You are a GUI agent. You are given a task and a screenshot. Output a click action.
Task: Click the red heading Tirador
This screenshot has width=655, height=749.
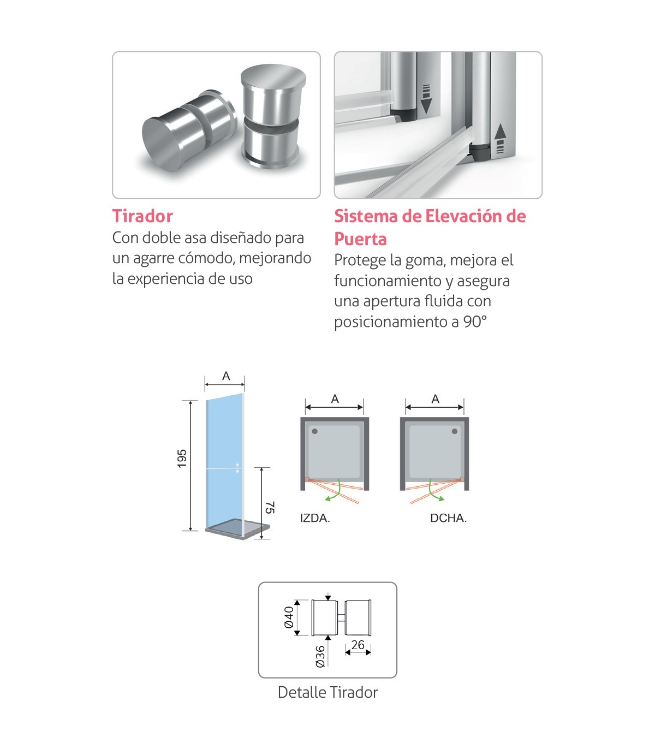click(142, 216)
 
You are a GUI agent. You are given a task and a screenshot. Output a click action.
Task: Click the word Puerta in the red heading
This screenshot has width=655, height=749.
click(360, 239)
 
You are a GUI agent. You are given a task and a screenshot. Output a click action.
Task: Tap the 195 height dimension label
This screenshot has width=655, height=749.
click(182, 459)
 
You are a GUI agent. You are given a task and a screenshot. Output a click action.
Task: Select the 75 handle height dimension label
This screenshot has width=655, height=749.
click(270, 507)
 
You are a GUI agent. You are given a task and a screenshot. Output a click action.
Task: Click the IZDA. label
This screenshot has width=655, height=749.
click(315, 518)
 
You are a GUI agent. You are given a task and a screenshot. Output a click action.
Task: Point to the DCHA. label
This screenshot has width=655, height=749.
click(448, 518)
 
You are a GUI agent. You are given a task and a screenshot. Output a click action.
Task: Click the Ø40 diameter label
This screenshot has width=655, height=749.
click(289, 617)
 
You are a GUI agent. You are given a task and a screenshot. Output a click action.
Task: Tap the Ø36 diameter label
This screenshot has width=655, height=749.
click(320, 656)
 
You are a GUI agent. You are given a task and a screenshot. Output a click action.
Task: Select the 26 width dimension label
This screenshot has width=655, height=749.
click(358, 645)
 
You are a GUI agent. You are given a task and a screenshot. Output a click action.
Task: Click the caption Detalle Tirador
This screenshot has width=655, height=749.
click(327, 692)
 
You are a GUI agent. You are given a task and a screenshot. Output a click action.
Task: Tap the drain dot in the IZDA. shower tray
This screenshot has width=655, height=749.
click(315, 431)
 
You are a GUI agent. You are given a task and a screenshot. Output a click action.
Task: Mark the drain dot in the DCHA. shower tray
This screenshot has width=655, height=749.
click(455, 431)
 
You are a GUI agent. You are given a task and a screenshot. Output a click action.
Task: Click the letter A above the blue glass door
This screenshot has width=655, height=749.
click(226, 376)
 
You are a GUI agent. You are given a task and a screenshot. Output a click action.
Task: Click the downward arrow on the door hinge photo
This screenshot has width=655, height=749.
click(426, 99)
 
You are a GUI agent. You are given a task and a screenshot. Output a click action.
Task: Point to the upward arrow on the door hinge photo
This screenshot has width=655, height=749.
click(500, 138)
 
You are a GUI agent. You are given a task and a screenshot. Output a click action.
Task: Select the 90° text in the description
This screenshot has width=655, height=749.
click(475, 322)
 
